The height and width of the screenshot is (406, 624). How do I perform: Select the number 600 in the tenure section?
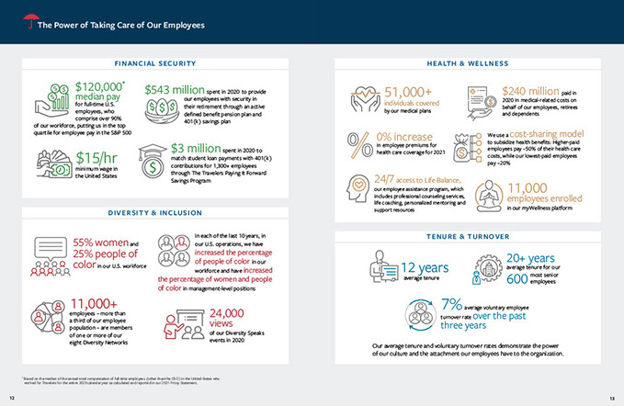[x=516, y=278]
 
